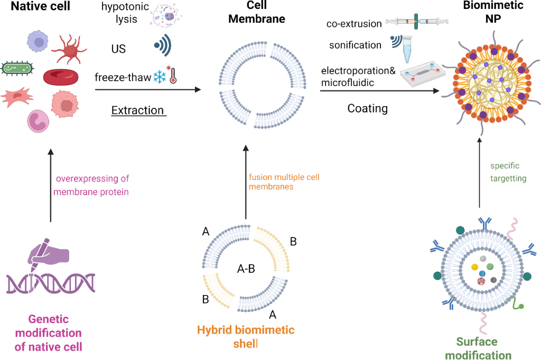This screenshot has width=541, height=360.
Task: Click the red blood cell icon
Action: point(61,78)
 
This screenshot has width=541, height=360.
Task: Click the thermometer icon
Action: point(172,76)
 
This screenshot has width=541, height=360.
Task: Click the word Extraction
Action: point(138,110)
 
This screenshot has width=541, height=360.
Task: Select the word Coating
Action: point(368,109)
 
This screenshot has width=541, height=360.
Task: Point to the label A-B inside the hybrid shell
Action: point(246,269)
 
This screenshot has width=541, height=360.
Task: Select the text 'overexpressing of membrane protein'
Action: point(91,185)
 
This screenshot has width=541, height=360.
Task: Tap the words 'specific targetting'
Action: point(507,172)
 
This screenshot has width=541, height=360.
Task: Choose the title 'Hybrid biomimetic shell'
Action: point(246,337)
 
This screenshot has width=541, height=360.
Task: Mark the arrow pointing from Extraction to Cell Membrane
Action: point(148,90)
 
